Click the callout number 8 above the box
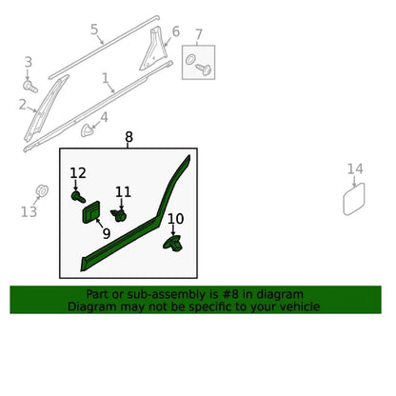(x=129, y=137)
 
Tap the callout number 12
(x=78, y=173)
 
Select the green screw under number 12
(x=78, y=197)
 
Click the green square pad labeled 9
(x=91, y=212)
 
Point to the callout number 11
(x=123, y=192)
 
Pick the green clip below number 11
(x=118, y=215)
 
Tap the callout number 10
(x=175, y=219)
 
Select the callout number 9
(x=107, y=234)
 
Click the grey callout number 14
(x=355, y=168)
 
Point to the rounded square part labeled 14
(x=354, y=199)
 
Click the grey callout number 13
(x=29, y=211)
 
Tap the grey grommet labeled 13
(x=42, y=191)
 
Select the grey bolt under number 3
(x=30, y=86)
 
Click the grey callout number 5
(x=94, y=30)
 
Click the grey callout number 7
(x=199, y=34)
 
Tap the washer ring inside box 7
(x=190, y=59)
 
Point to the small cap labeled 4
(x=87, y=130)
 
